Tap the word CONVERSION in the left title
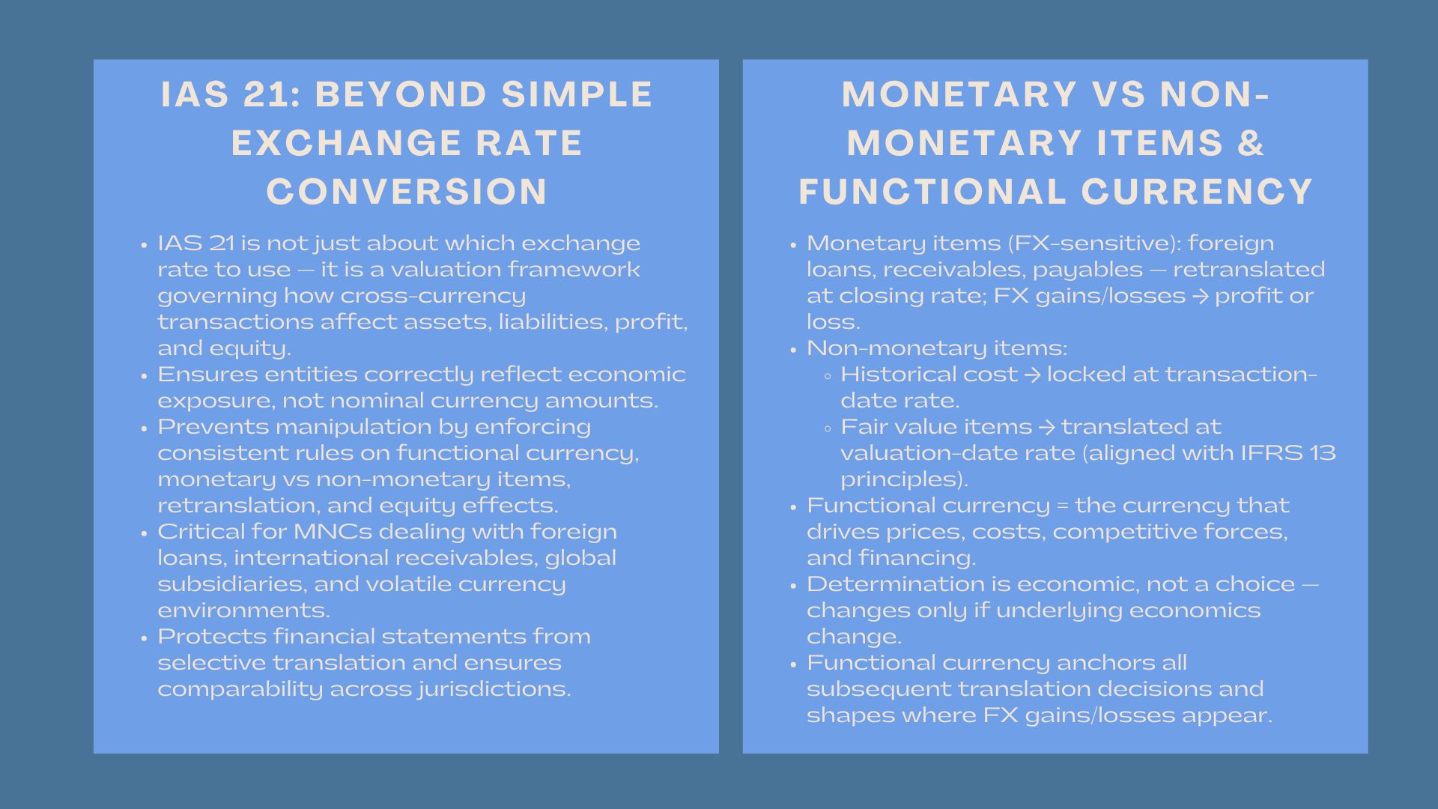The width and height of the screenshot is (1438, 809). [407, 191]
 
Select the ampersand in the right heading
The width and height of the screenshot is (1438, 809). [1251, 143]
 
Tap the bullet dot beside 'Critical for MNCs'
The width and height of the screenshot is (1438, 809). [144, 533]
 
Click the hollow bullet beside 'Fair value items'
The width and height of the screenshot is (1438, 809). [827, 428]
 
